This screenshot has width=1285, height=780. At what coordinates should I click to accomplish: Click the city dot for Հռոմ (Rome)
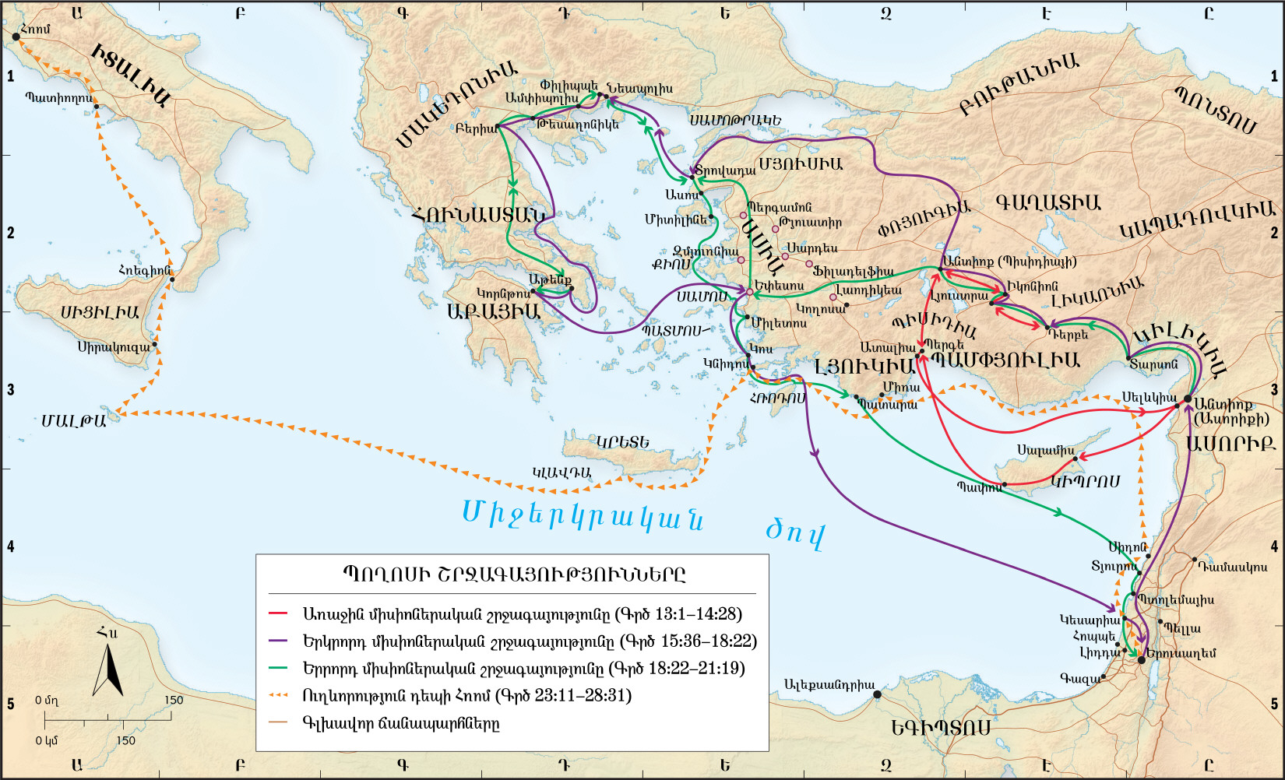click(16, 37)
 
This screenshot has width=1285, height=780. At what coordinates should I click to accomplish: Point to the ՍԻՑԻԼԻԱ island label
click(100, 313)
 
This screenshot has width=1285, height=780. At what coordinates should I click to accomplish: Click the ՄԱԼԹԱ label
click(73, 421)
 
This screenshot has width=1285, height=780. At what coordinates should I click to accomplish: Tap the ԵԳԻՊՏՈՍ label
click(941, 728)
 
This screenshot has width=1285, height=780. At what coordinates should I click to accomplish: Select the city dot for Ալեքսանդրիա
click(877, 694)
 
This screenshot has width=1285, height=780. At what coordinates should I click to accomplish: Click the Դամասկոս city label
click(1232, 567)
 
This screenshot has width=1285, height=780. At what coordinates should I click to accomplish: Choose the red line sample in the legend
click(278, 614)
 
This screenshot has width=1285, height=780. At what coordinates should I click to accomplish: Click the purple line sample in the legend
click(278, 641)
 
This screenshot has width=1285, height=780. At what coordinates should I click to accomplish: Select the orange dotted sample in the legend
click(278, 695)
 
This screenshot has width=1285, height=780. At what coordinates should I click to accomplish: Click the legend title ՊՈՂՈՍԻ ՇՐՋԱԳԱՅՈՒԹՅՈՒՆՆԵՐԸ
click(513, 575)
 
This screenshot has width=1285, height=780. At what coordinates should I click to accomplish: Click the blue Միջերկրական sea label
click(583, 515)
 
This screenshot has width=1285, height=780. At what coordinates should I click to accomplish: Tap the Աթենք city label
click(550, 279)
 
